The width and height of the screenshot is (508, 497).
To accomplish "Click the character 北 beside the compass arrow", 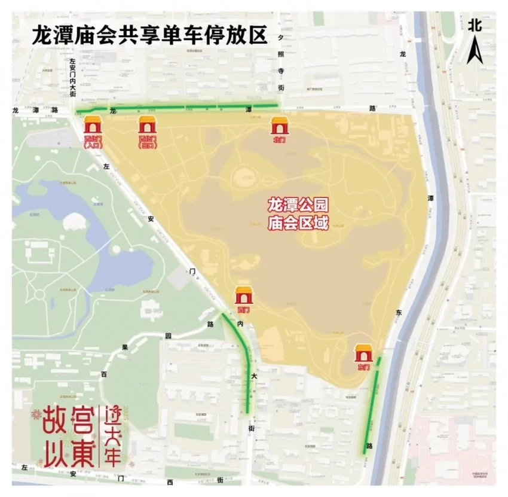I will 475,25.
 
